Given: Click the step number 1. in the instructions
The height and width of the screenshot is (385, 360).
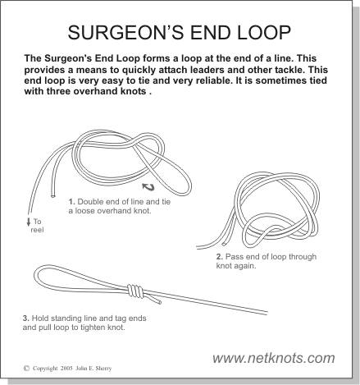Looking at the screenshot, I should (72, 201).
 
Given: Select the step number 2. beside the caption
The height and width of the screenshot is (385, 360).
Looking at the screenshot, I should (219, 257).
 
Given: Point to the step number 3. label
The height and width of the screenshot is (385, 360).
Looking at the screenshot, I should (26, 318).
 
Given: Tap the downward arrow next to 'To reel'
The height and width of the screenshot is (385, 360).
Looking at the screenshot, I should (28, 222).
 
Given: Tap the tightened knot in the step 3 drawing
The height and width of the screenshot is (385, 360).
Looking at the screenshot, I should (139, 292).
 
